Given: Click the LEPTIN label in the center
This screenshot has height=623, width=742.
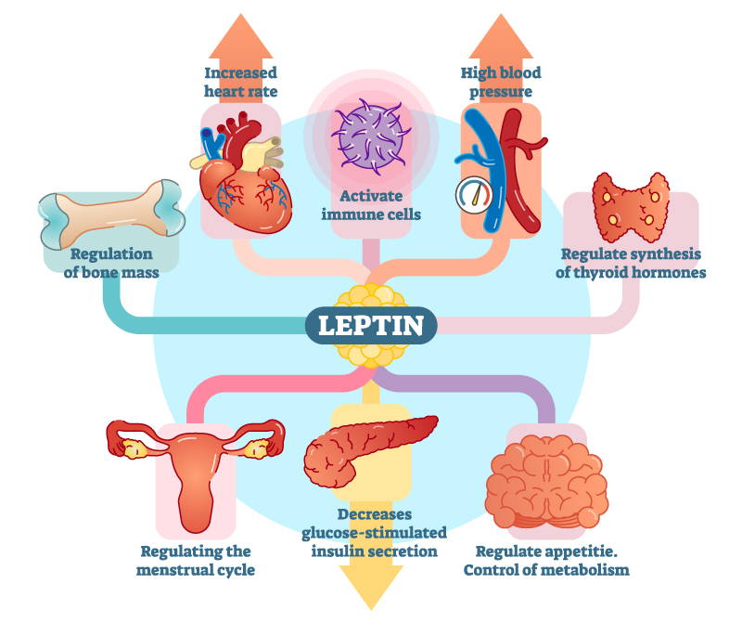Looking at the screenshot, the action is coord(371,326).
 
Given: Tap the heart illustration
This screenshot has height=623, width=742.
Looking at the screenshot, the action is coord(240,175).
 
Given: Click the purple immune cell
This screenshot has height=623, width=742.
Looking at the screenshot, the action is coord(369,136).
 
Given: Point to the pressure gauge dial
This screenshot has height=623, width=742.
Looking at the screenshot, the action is coord(474,195).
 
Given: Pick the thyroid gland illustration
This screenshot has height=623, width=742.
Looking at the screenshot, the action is coord(631,207).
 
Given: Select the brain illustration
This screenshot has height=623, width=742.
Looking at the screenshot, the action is coord(546,482).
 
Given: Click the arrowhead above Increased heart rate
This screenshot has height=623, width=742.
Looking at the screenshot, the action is coord(241,36).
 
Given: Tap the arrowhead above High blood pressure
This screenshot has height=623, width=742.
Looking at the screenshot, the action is coord(501,36).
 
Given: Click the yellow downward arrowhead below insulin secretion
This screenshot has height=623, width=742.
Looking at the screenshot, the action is coord(372,588).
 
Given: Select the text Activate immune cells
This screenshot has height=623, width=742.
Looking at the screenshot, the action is coord(371,205).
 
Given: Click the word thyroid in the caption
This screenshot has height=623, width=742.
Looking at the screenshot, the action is coord(598,273).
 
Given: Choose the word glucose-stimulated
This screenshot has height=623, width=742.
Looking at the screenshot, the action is coord(375,533).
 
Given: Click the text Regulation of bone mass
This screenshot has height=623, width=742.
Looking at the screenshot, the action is coord(111,264).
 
